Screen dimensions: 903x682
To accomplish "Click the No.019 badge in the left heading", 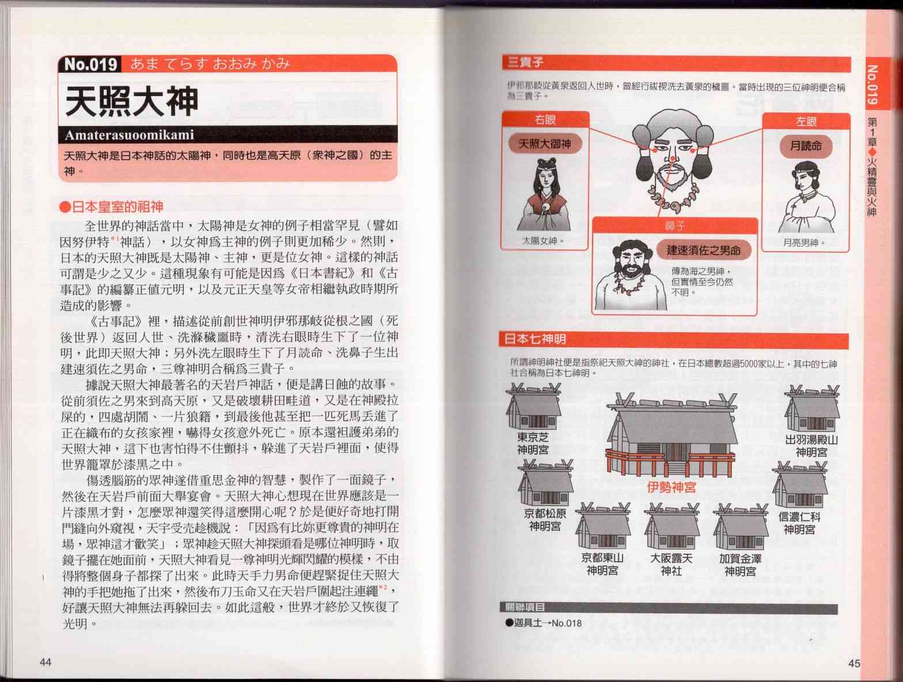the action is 91,64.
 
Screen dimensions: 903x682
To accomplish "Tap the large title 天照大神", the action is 132,101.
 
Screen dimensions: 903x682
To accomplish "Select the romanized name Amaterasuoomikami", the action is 129,135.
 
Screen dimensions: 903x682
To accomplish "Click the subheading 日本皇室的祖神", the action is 112,206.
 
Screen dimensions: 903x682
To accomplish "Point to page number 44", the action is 45,662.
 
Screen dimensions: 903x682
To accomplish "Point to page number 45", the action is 854,663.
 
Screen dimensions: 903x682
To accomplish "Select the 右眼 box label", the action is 545,120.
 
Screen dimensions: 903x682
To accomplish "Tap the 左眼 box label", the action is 806,122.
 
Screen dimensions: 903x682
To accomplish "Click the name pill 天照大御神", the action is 545,143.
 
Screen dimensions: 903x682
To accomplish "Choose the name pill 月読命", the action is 806,146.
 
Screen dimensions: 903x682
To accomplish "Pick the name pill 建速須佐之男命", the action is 704,250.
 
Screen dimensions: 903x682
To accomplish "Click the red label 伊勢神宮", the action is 671,487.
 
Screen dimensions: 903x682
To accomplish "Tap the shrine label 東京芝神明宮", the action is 533,444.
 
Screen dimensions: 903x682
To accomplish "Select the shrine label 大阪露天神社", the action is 671,564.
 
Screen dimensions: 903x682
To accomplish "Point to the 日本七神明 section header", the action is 535,339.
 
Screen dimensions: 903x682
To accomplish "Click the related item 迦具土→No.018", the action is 544,623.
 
